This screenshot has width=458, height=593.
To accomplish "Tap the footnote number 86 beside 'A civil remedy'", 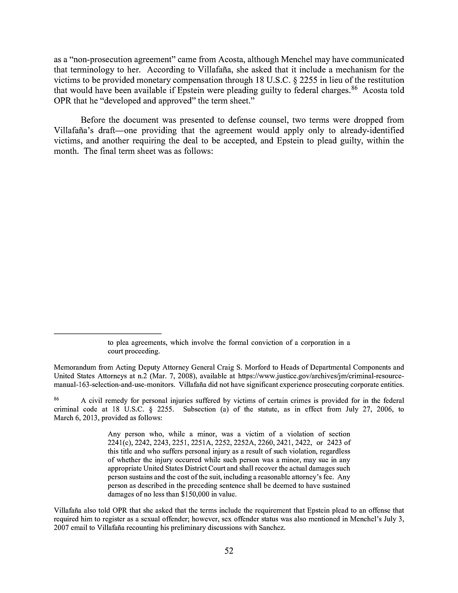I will click(x=56, y=399).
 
